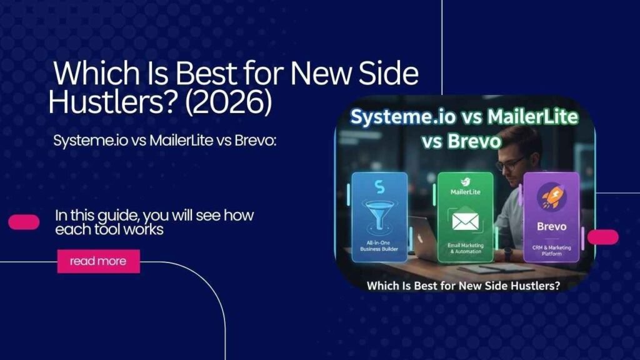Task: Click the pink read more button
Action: pyautogui.click(x=98, y=261)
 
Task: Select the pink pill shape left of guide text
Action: pyautogui.click(x=24, y=222)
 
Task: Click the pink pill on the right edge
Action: pyautogui.click(x=602, y=237)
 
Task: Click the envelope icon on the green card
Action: pyautogui.click(x=465, y=222)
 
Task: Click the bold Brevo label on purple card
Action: pyautogui.click(x=551, y=227)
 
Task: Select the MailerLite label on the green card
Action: pyautogui.click(x=465, y=192)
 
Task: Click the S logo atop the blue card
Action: pyautogui.click(x=379, y=186)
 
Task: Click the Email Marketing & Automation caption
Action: pyautogui.click(x=465, y=247)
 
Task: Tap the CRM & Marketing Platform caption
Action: pyautogui.click(x=551, y=250)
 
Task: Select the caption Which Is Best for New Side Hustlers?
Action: pyautogui.click(x=464, y=286)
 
